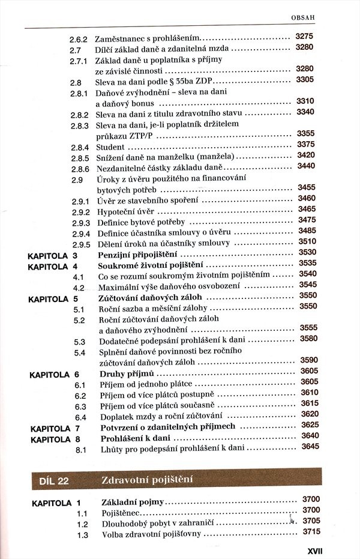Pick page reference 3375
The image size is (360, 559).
click(306, 144)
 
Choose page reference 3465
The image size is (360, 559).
click(307, 209)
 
